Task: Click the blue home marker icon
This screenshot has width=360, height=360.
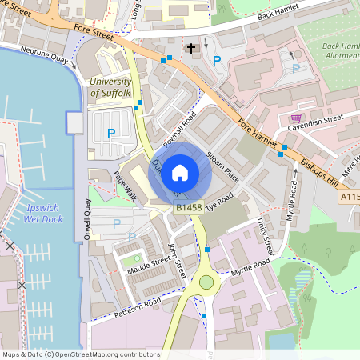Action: [180, 172]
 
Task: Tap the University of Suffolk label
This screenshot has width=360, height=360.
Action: [110, 87]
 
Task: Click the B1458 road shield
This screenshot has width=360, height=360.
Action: [189, 207]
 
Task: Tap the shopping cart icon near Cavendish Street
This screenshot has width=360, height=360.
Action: [296, 118]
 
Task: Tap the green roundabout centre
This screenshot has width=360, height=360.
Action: [207, 282]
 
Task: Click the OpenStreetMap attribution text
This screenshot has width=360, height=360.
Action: [81, 354]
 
